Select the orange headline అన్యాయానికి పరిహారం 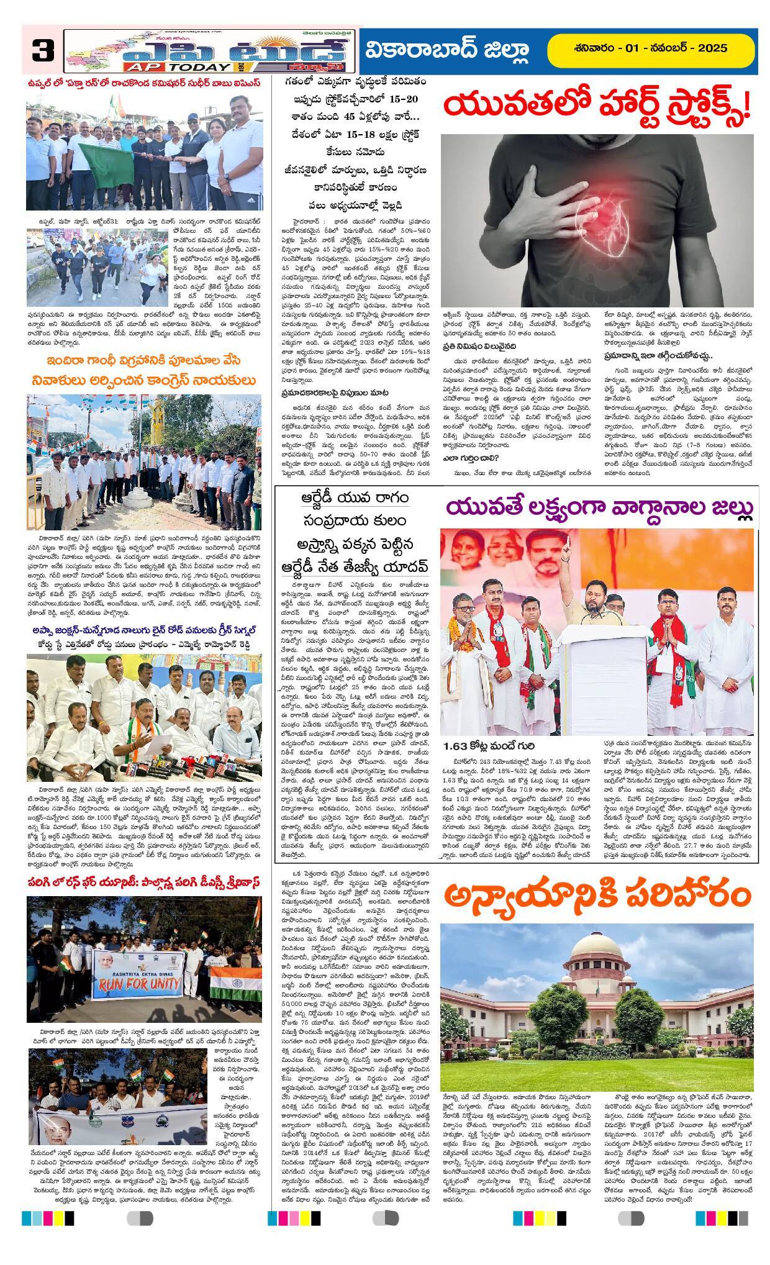coord(597,895)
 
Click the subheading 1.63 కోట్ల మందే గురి coord(489,745)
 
